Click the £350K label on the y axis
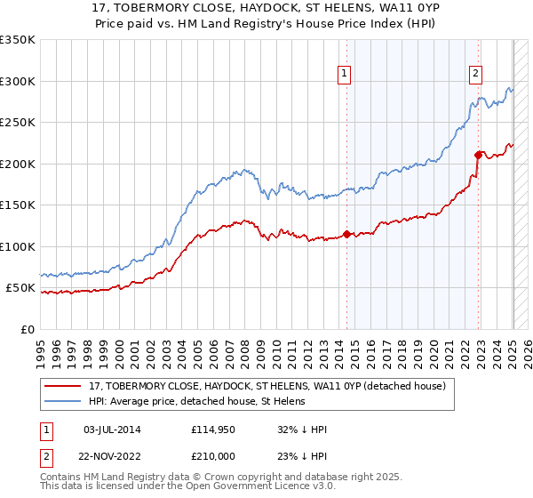coord(18,40)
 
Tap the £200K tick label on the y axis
coord(18,164)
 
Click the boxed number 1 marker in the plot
coord(344,74)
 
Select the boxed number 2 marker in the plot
coord(476,74)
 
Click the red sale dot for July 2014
coord(347,235)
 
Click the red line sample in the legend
coord(64,385)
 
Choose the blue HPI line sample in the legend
coord(64,401)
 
